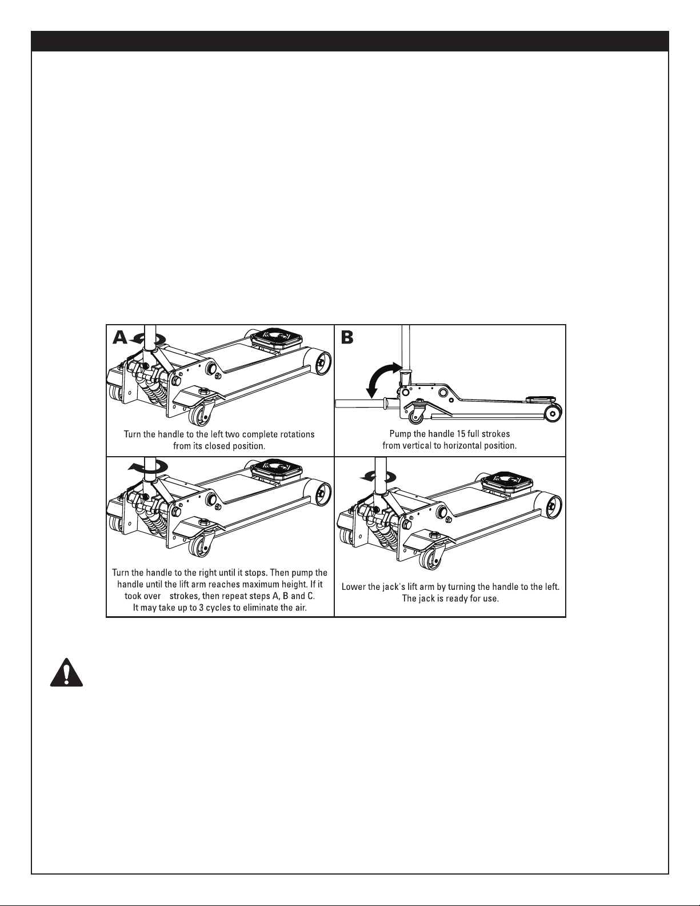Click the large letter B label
pos(347,338)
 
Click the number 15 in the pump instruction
pos(453,434)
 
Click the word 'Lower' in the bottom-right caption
pos(353,586)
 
